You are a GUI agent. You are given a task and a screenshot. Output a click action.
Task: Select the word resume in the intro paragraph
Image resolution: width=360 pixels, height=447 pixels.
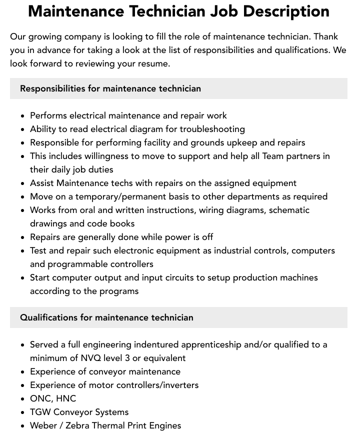coord(155,63)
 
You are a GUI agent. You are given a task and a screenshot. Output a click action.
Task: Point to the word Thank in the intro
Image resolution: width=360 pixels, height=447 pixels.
coord(327,36)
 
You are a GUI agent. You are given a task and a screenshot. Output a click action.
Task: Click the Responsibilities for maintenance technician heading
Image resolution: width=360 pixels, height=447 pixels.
coord(110,88)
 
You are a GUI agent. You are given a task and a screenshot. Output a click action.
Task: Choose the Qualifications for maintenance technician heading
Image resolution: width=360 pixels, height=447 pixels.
coord(106,317)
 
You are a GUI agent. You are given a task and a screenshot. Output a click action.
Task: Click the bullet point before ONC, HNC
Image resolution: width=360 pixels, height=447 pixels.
coord(23,399)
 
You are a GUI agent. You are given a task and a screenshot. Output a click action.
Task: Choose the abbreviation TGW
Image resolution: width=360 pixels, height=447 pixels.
coord(40,412)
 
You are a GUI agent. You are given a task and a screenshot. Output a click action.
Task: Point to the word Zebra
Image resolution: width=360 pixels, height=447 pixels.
coord(81,425)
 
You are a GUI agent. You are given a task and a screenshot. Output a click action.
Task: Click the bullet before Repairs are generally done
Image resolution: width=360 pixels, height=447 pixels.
coord(23,237)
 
